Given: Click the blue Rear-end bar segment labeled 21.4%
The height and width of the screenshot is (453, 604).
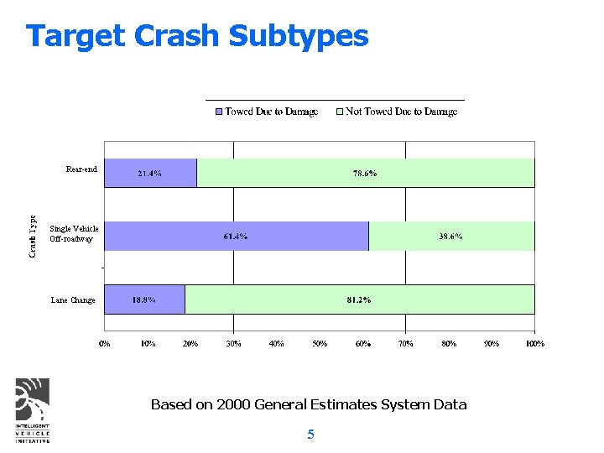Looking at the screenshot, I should coord(150,173).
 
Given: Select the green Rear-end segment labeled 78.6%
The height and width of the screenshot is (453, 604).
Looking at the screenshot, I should coord(365,173).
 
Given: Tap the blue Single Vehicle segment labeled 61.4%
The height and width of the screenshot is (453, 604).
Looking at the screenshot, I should coord(237,236).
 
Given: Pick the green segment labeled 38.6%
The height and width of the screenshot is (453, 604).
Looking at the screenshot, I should coord(451,236).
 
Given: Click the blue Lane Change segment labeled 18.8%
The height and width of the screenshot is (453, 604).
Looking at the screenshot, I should coord(144,299).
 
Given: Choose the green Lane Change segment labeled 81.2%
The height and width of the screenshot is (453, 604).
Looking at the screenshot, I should coord(359,299).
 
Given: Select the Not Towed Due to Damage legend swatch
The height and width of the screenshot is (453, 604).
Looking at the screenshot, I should coord(340,112).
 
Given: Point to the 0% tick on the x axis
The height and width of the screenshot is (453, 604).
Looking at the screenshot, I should coord(105,343).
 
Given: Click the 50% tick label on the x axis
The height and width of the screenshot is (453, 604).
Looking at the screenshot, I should coord(320,343).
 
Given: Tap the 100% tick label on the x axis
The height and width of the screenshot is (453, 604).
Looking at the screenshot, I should coord(534,343).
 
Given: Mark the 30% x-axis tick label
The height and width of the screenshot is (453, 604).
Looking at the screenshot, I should coord(233,343).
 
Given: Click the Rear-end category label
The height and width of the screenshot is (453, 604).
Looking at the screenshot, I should coord(81,169).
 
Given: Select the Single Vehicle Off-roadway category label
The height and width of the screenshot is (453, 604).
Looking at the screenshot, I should coord(74,234).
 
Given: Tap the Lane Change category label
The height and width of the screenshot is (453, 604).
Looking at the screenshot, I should coord(73,299).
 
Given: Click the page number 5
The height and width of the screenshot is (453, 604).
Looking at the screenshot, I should coord(310,434).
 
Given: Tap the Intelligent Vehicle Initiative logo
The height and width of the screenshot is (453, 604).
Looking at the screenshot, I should coord(33,409).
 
